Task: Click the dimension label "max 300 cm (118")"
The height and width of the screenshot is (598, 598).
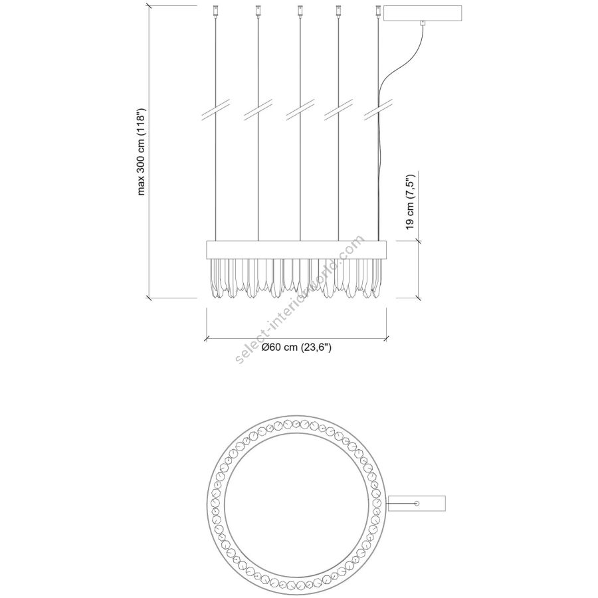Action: [142, 151]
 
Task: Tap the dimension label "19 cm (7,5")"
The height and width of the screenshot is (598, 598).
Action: [410, 202]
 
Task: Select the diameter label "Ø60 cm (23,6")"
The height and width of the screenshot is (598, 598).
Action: [296, 348]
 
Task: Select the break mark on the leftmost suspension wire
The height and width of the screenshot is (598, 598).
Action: [216, 110]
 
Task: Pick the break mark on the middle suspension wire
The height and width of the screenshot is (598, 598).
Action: [300, 110]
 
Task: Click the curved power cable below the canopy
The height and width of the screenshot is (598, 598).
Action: [399, 65]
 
